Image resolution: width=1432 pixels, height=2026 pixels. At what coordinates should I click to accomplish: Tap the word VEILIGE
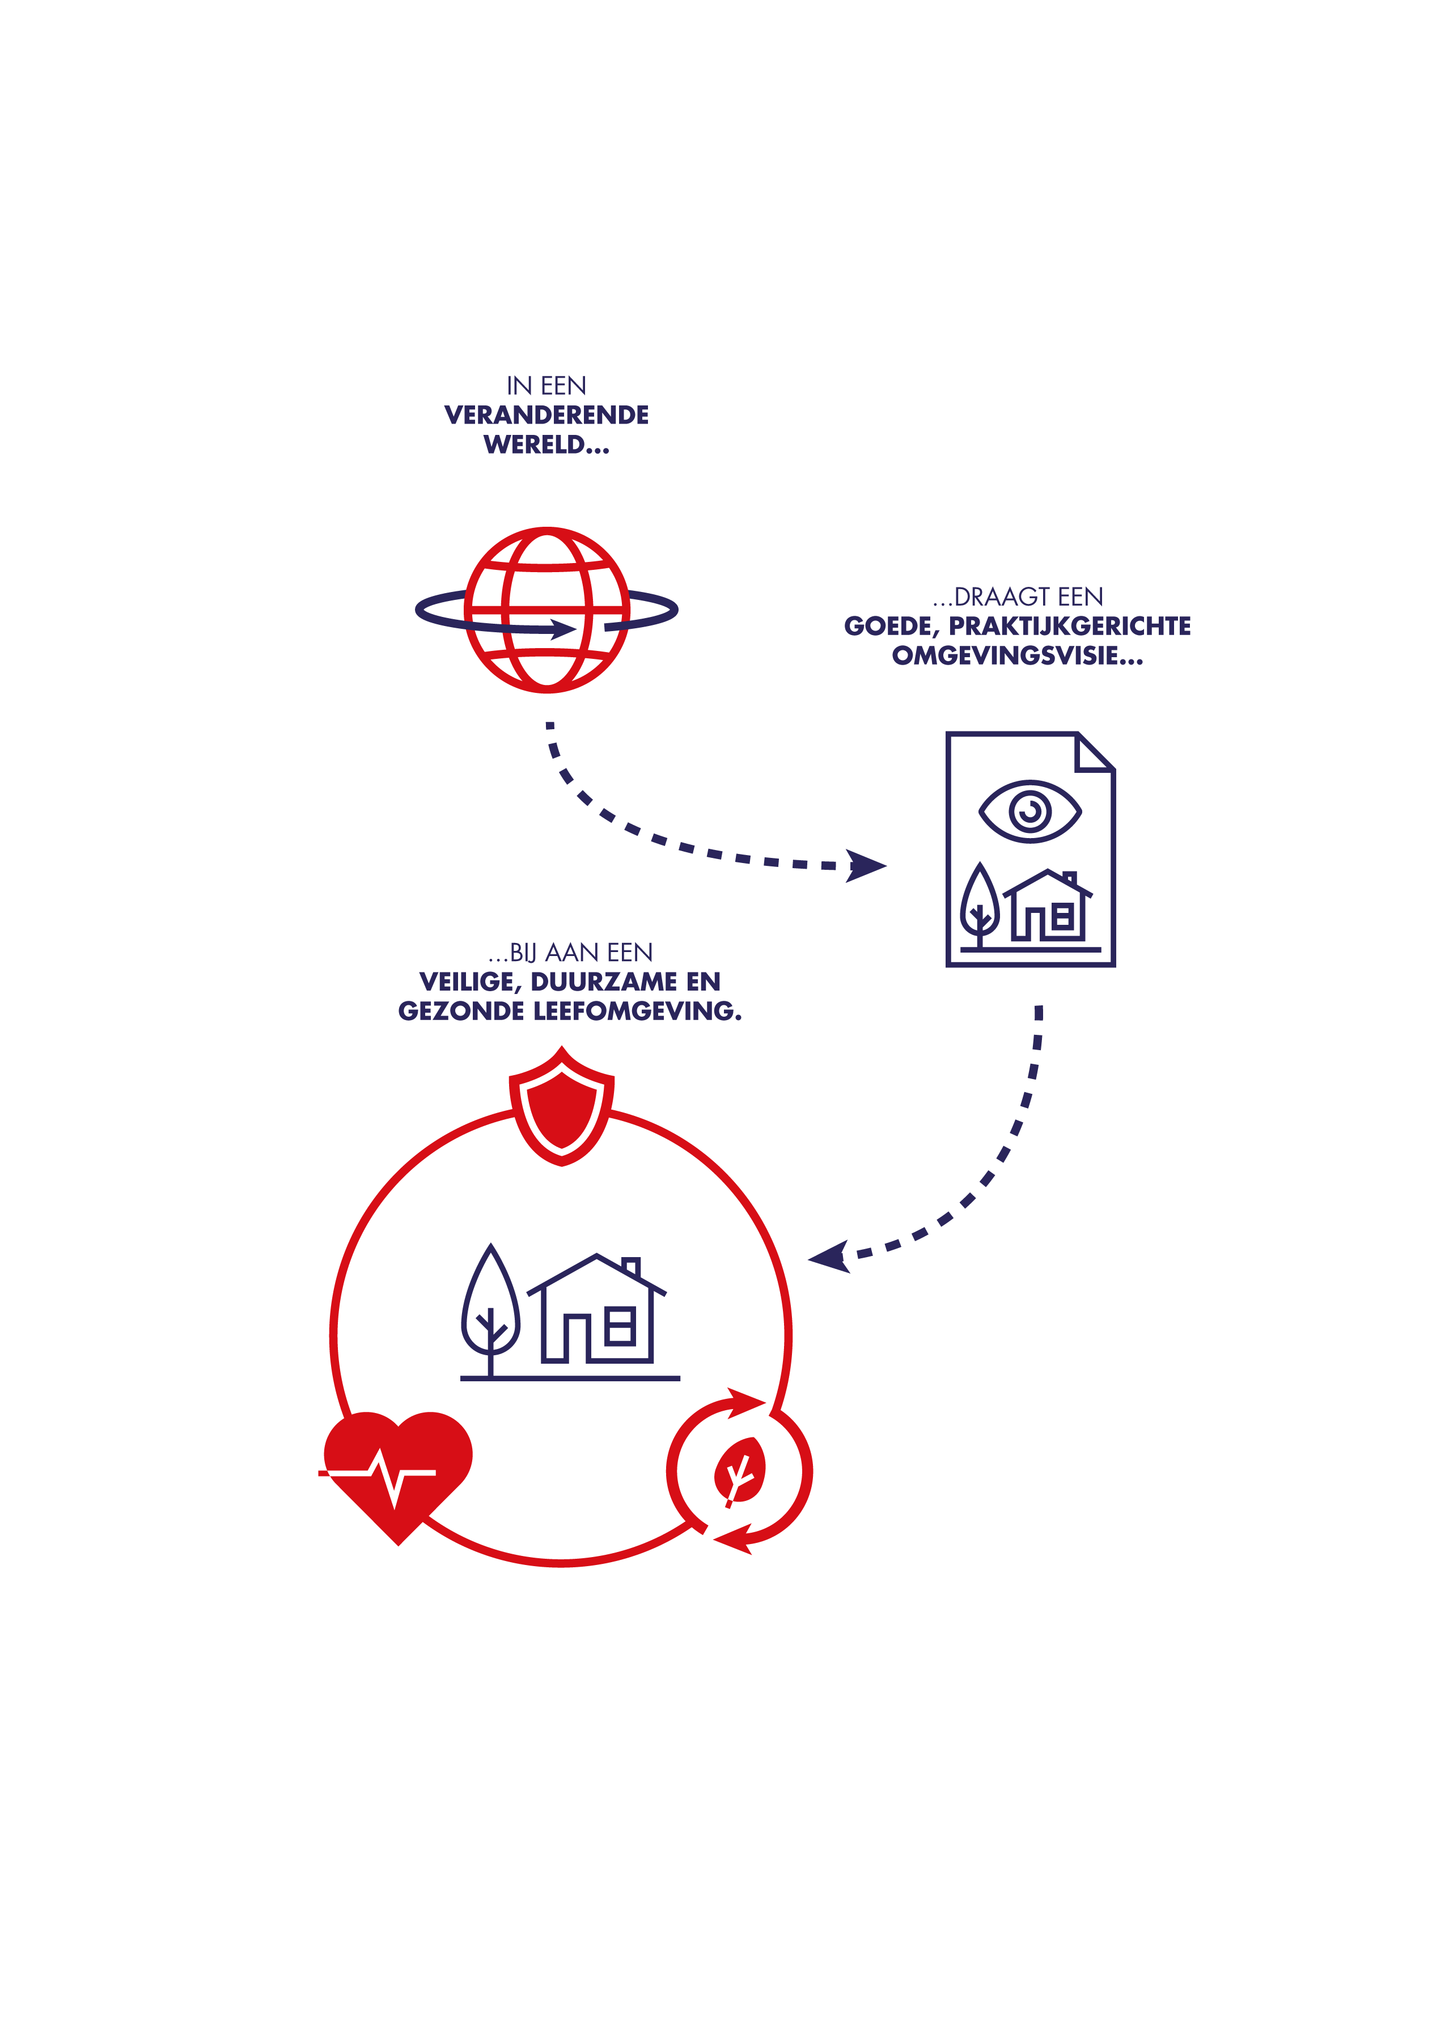tap(468, 982)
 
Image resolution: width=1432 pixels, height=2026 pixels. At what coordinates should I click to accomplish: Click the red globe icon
tap(547, 610)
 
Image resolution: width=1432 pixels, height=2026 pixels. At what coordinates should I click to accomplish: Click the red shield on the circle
tap(562, 1106)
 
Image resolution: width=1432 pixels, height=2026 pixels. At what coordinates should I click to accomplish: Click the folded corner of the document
tap(1095, 752)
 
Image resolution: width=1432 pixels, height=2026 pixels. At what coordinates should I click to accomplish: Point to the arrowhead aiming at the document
tap(866, 866)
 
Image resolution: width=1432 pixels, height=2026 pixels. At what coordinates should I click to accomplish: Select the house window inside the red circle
tap(620, 1325)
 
